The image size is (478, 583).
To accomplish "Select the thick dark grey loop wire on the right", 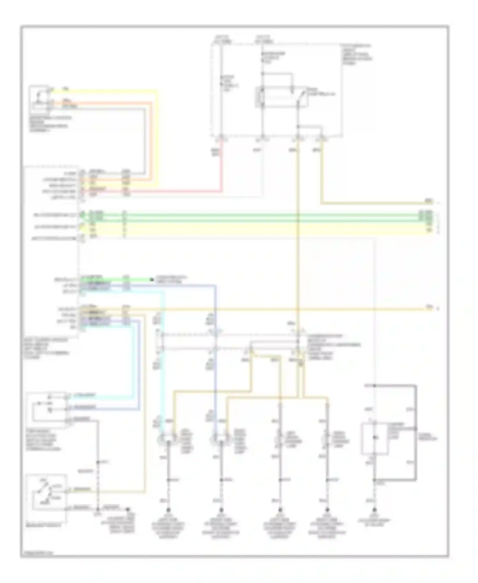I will [416, 434].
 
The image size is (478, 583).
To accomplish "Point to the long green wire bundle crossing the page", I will [255, 215].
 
